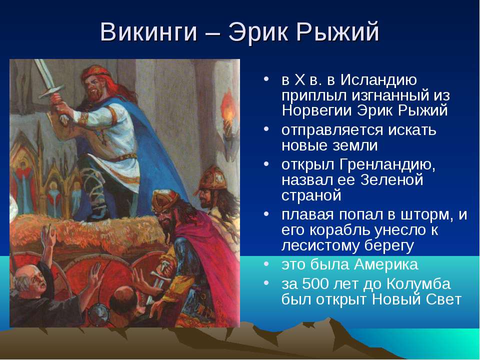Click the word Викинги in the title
(x=148, y=32)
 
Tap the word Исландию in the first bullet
(x=378, y=80)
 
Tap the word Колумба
(x=418, y=284)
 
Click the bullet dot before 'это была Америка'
(x=266, y=264)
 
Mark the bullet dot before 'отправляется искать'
(x=266, y=129)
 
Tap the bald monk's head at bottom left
(x=29, y=279)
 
